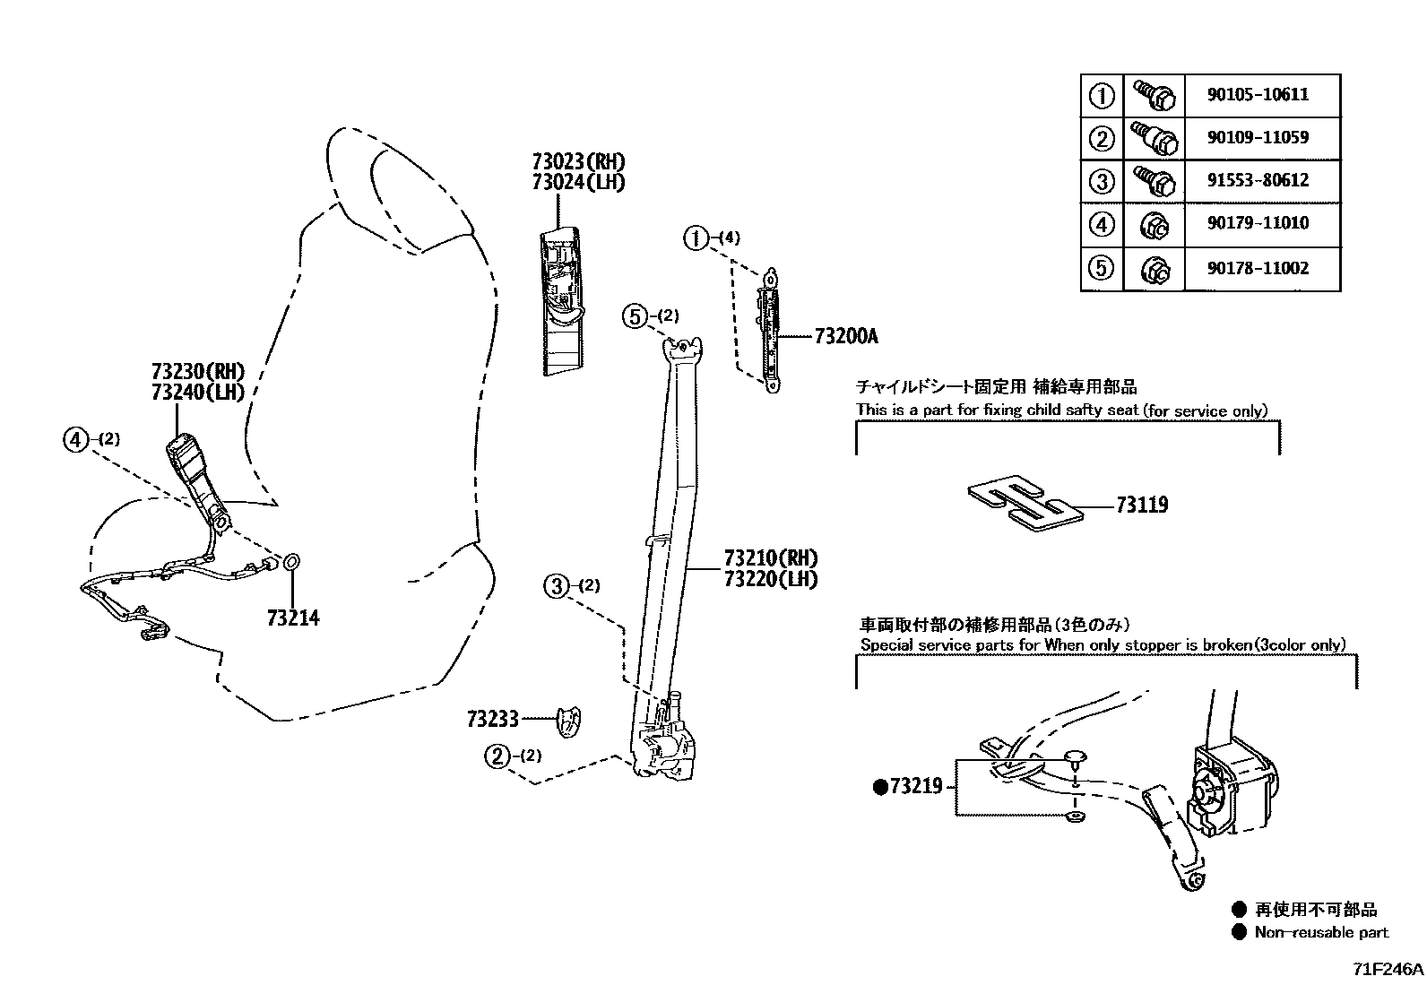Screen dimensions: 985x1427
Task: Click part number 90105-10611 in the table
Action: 1257,95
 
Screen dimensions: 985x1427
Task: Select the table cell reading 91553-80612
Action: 1257,180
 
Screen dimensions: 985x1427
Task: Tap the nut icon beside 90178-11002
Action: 1154,268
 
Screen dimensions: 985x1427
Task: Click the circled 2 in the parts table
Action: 1102,139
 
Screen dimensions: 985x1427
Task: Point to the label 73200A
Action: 846,337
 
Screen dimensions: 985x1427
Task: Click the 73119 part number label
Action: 1142,505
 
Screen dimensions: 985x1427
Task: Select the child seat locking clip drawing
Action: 1025,504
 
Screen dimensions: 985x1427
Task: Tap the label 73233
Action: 492,719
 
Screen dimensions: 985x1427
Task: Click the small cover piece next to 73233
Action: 567,722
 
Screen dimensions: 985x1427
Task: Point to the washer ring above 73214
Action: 292,563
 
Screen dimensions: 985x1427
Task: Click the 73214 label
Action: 292,618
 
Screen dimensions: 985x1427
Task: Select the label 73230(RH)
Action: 198,372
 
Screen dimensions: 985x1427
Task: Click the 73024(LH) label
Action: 578,182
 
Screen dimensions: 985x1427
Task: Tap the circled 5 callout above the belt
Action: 635,316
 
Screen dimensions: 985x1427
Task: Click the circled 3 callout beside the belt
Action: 557,587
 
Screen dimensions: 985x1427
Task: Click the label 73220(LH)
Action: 772,579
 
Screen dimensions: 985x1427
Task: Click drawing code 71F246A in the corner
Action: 1387,970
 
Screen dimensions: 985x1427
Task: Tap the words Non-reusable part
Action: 1320,933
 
